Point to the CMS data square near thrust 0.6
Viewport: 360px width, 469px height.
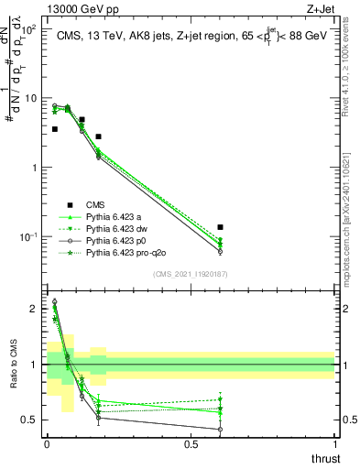coord(220,226)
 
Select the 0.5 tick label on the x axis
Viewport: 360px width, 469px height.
coord(191,444)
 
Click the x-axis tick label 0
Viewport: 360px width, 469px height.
coord(47,444)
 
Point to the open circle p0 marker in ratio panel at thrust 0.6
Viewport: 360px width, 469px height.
coord(220,429)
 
